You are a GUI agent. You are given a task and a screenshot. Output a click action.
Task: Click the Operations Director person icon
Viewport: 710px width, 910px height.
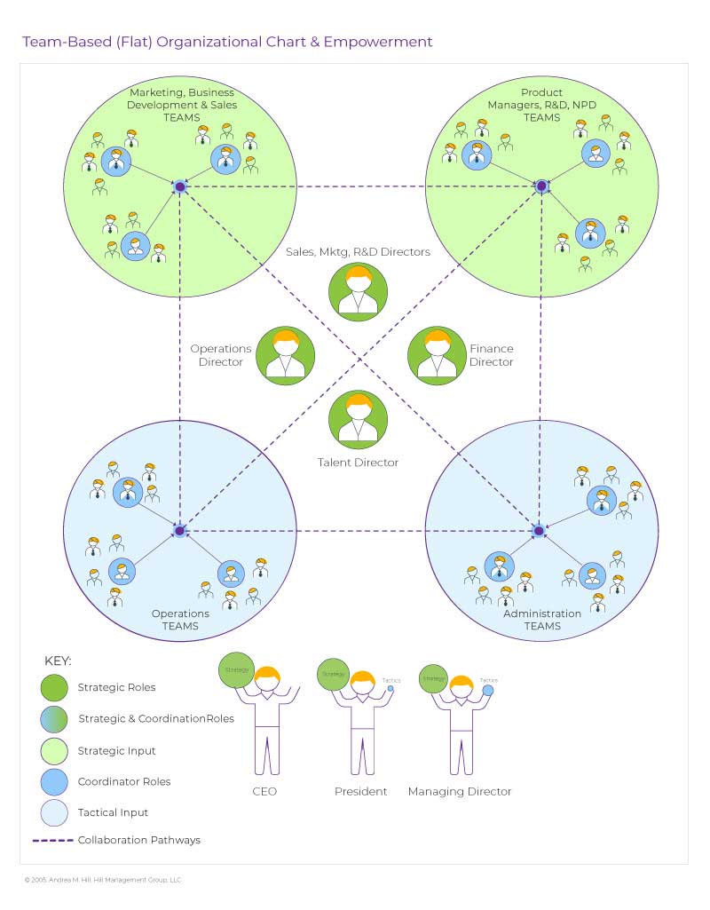tap(285, 356)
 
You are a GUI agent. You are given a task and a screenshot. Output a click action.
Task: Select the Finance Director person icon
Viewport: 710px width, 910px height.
tap(437, 356)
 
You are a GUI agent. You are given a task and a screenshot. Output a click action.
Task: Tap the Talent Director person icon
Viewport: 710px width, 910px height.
tap(358, 419)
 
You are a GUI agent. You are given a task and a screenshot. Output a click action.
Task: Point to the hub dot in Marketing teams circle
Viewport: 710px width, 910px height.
tap(179, 186)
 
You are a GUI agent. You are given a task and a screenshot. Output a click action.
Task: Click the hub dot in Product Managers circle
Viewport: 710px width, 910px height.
tap(540, 186)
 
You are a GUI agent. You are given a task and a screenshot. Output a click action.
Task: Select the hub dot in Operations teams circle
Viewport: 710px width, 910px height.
tap(179, 531)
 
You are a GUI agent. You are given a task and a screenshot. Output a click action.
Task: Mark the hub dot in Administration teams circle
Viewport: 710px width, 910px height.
tap(538, 531)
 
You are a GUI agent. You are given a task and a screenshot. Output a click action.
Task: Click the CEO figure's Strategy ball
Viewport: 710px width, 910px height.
tap(237, 669)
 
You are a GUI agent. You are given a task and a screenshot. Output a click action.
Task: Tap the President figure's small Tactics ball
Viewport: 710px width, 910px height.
tap(390, 688)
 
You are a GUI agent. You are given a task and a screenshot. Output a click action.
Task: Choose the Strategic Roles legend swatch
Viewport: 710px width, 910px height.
tap(53, 687)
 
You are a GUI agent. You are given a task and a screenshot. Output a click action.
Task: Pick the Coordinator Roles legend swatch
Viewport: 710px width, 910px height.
tap(53, 781)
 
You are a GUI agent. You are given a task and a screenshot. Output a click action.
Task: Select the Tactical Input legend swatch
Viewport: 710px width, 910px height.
tap(53, 812)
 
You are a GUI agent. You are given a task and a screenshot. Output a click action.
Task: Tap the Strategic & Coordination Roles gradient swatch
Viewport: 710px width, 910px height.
tap(53, 718)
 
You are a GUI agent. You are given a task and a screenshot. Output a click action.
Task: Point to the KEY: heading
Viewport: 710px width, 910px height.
tap(58, 661)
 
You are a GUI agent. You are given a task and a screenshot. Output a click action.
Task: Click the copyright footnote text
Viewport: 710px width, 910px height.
tap(102, 880)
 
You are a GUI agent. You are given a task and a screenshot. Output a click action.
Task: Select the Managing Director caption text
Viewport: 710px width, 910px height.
tap(460, 791)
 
